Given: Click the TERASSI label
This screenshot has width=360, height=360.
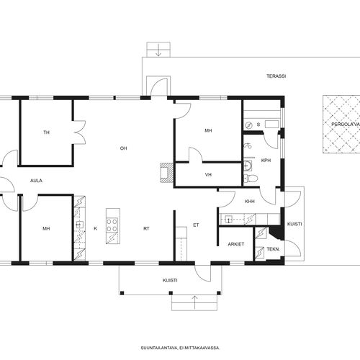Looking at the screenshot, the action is point(276,76).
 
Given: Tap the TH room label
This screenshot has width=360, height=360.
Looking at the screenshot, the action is point(46,132).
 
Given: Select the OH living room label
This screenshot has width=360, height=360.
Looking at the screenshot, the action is point(123,148).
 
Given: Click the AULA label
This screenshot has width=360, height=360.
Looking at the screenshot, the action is point(36,181).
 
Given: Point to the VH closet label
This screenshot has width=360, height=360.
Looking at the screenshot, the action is point(208,175).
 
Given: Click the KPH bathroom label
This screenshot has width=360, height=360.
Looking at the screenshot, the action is point(266,161).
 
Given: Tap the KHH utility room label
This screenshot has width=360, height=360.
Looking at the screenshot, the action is point(250,202).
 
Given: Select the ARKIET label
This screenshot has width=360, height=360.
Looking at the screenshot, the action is point(236,244).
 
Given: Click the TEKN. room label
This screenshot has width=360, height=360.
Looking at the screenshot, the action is point(274,249).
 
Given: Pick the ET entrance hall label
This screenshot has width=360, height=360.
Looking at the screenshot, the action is point(196,225).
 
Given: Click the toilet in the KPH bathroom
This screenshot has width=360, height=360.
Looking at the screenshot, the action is point(251,178).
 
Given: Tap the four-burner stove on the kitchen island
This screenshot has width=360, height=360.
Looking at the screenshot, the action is point(112,225).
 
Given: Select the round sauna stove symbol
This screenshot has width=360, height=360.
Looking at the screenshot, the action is point(249,125).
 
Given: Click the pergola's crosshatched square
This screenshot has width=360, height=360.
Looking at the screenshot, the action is point(341,124).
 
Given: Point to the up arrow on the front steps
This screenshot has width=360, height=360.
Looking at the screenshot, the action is point(194,302).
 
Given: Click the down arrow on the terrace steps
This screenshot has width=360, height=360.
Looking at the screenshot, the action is point(158,50).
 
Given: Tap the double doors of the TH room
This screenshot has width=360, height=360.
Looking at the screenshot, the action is point(80,132).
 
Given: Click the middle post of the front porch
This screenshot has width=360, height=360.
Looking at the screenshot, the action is point(171,293).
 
